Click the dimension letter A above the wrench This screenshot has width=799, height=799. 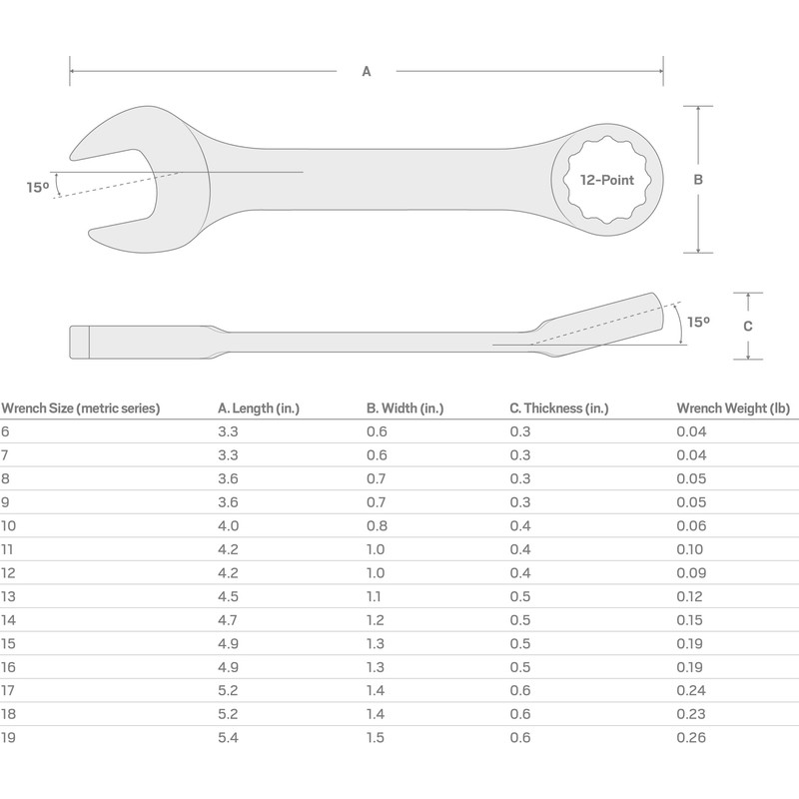[x=367, y=71]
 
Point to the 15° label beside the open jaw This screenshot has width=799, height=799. [x=38, y=187]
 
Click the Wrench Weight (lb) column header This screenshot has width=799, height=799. [x=732, y=407]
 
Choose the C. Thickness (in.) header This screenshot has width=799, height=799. [x=558, y=407]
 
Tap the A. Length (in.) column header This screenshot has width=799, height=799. [x=259, y=407]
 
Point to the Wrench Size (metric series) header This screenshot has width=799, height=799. [x=81, y=407]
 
